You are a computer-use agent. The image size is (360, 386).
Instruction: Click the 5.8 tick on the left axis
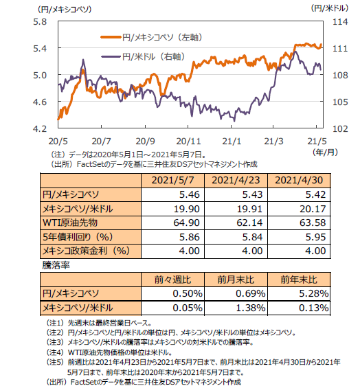40,22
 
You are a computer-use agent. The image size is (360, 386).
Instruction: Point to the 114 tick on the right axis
340,22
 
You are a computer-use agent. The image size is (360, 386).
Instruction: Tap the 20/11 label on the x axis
189,141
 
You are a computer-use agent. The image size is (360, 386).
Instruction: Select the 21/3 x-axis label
273,141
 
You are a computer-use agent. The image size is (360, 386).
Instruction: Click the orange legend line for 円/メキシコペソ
111,37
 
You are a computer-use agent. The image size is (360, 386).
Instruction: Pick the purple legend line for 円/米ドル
111,56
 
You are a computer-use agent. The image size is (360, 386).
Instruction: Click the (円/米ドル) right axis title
330,8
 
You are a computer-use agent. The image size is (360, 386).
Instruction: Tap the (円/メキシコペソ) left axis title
65,10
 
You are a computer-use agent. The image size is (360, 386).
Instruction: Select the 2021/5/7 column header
172,180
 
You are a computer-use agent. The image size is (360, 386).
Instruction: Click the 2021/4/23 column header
236,180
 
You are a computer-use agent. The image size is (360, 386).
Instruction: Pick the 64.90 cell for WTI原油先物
186,223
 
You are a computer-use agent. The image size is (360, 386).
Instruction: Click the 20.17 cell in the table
313,209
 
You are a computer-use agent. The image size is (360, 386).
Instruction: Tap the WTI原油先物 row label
70,223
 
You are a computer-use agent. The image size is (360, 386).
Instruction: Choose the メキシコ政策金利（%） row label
86,251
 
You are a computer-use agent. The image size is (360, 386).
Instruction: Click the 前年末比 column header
299,280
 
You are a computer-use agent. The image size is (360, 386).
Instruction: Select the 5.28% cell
314,293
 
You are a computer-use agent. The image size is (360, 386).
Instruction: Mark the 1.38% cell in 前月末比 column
251,308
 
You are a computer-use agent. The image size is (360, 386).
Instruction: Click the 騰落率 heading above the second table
56,265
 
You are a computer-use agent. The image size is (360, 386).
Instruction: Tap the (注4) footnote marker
55,352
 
